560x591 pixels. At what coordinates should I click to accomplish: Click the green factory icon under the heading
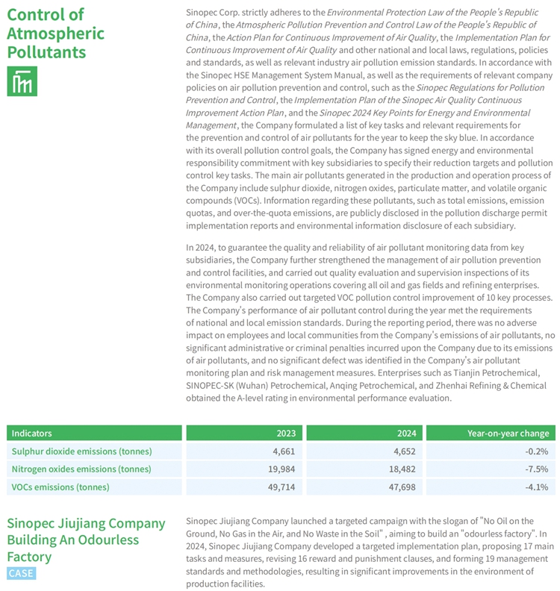(x=22, y=81)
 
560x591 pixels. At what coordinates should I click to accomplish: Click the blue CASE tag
(x=20, y=572)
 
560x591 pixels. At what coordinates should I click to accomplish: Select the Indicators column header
(x=32, y=433)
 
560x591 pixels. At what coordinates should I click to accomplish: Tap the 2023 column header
(x=285, y=433)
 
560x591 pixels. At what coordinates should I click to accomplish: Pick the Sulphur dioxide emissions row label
(x=81, y=451)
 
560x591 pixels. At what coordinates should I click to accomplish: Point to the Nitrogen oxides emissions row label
(x=81, y=469)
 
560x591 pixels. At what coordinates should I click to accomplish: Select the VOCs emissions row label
(x=60, y=487)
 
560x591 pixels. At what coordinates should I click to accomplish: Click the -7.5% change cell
(x=537, y=469)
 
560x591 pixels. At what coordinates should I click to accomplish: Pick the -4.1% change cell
(x=537, y=487)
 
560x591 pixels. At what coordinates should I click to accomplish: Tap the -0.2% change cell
(x=537, y=451)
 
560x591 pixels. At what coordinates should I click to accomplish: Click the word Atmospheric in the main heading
(x=55, y=34)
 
